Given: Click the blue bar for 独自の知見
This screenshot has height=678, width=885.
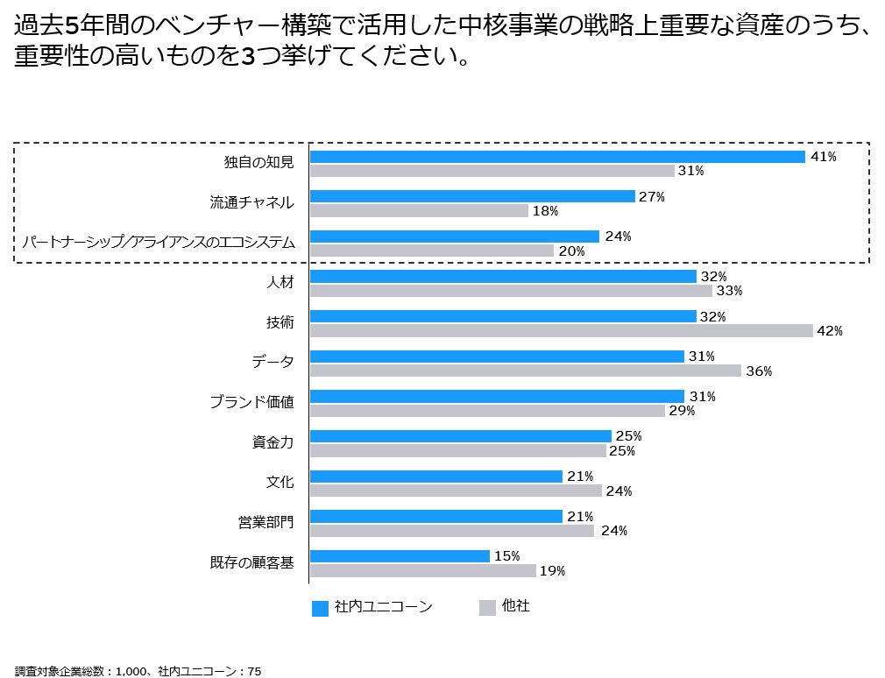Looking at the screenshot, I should point(557,157).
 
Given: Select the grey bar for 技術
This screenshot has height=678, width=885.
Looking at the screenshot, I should point(562,330).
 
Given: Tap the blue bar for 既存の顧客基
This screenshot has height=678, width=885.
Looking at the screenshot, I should point(400,556).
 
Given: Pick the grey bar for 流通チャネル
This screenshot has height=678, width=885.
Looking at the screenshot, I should point(419,211).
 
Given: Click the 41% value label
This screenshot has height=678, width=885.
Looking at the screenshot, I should point(824,157).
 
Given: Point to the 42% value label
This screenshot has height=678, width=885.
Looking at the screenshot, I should point(829,331).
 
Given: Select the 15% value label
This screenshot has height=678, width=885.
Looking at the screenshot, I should point(507,556).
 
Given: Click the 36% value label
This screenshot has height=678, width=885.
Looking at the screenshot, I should point(758,371).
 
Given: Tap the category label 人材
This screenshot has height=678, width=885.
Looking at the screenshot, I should point(280,283).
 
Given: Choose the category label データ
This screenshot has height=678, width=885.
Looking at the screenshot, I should point(273,362).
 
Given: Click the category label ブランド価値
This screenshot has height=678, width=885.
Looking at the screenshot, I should point(251,402).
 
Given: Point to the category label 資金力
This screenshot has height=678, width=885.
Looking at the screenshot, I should point(273,442).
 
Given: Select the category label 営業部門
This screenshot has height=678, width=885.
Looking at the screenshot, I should point(265,522).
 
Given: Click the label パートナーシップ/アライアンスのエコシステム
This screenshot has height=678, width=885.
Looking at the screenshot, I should point(159,242).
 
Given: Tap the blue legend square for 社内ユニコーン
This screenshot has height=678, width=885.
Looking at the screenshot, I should point(320,608).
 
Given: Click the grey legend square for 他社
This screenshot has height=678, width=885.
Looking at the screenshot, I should point(487,608).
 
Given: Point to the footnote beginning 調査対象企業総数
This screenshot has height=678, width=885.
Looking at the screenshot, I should point(138,671).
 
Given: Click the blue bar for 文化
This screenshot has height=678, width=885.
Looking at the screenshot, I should point(436,476).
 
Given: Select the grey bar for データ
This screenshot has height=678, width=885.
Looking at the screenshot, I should point(526,371).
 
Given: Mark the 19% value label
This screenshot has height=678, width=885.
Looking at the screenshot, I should point(552,571).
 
